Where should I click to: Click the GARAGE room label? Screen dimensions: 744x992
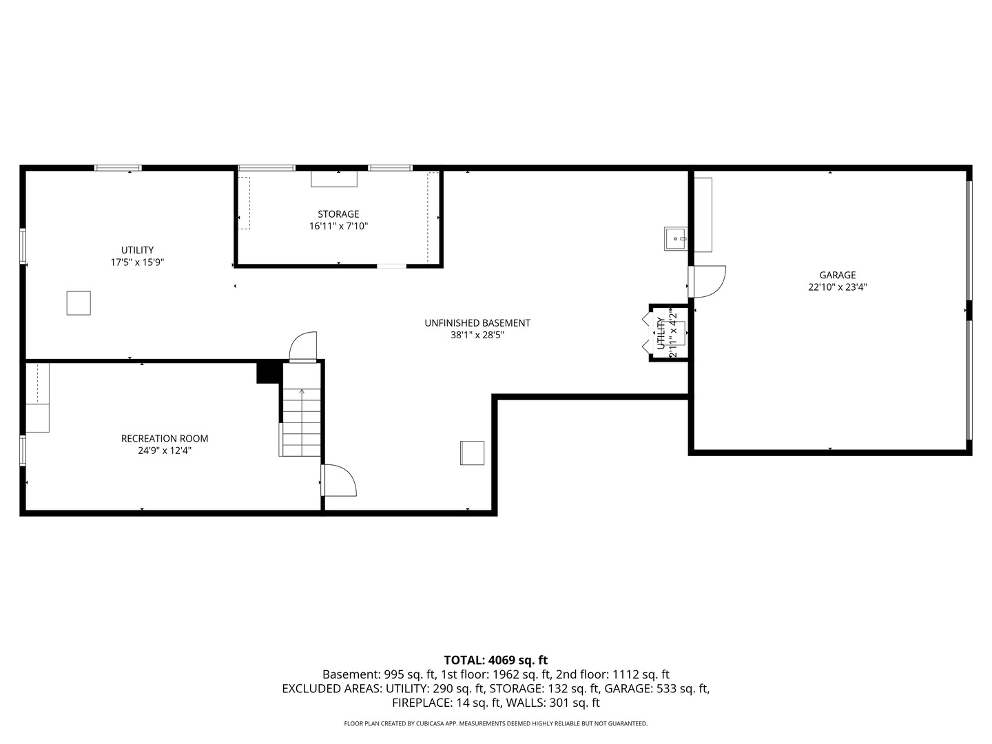click(837, 275)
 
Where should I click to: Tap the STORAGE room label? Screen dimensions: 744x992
click(338, 214)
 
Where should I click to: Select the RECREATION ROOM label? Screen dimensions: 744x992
click(165, 439)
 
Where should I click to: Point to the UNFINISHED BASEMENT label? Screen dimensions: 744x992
click(477, 323)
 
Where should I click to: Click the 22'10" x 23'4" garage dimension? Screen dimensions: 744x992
click(837, 288)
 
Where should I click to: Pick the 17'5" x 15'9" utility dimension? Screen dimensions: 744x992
click(137, 262)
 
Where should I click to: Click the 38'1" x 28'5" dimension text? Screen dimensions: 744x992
click(477, 335)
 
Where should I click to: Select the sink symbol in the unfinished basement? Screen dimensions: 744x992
click(675, 238)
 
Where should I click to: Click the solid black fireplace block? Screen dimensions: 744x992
click(268, 372)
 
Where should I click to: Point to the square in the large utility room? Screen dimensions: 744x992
click(79, 303)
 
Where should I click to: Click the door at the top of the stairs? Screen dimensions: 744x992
click(303, 347)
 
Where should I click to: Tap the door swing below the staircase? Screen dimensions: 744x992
click(339, 481)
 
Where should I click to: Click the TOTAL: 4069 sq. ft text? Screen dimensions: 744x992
click(495, 660)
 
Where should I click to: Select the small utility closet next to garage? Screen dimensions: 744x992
click(668, 333)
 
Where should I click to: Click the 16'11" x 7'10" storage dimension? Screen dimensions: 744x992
click(338, 227)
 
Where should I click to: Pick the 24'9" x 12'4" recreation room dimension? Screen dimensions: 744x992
click(165, 451)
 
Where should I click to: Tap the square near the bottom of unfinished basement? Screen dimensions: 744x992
click(472, 453)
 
